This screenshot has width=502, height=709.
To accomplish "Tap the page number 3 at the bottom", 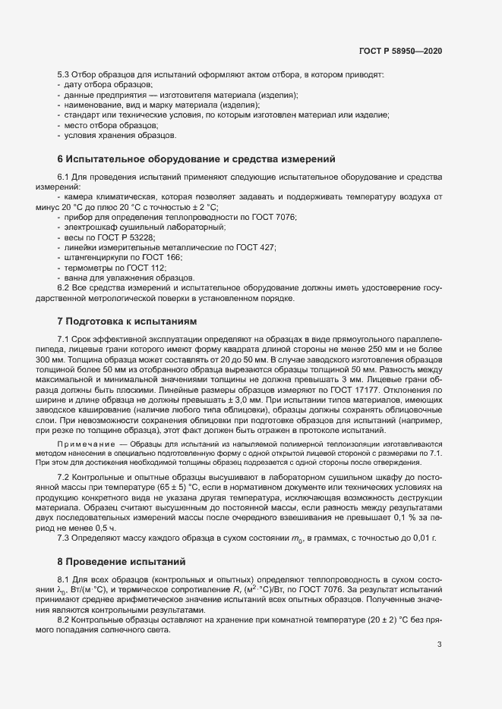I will click(x=440, y=645).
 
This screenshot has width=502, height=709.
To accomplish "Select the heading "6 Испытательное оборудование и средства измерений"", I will click(x=196, y=159).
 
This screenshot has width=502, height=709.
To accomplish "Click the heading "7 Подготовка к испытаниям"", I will click(x=127, y=322).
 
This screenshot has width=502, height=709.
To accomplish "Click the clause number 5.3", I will click(x=64, y=76).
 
